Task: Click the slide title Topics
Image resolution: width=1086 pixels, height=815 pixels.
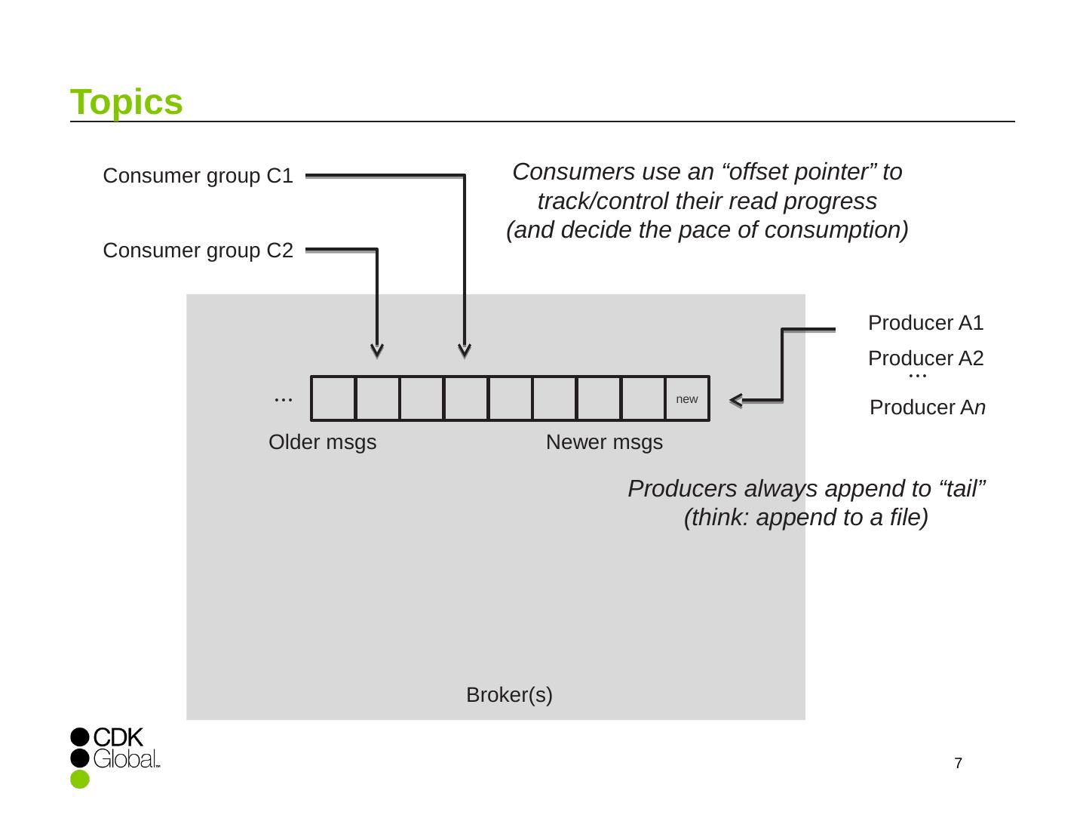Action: tap(127, 102)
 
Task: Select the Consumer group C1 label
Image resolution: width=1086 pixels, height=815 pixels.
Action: tap(198, 176)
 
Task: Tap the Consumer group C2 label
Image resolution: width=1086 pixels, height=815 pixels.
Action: tap(198, 251)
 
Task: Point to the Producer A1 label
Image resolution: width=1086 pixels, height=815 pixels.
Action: tap(925, 323)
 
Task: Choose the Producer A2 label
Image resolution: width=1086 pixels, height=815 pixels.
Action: tap(925, 358)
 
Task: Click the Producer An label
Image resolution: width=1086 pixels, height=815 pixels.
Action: tap(927, 407)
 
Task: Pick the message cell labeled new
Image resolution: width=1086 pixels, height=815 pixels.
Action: tap(687, 398)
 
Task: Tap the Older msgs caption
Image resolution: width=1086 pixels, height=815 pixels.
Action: tap(322, 442)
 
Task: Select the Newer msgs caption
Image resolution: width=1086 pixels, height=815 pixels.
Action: tap(604, 442)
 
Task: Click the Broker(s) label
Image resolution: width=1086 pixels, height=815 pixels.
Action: tap(509, 695)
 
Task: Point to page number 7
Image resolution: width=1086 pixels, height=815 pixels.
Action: tap(958, 764)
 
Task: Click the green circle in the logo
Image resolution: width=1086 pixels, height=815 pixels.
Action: tap(80, 780)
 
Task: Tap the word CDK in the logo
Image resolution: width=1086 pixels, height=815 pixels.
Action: tap(118, 737)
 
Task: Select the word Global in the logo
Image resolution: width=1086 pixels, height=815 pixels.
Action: tap(124, 758)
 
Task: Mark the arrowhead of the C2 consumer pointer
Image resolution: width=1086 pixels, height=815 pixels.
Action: tap(377, 351)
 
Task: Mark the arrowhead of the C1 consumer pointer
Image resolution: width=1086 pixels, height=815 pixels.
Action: tap(465, 351)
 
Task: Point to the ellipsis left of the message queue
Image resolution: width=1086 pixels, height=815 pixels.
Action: tap(283, 398)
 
